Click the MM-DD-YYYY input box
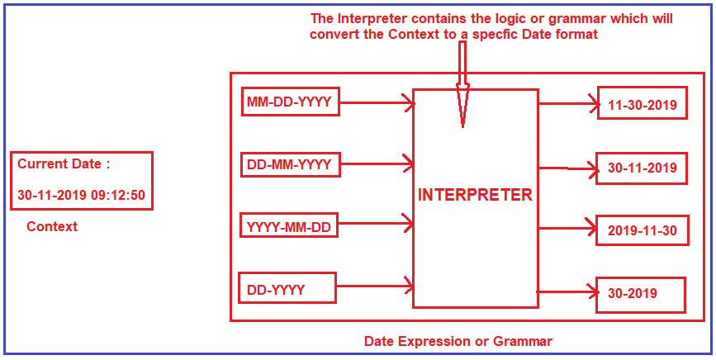289,102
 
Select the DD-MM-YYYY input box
289,164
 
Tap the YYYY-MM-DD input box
289,225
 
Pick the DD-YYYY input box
287,290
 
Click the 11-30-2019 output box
642,105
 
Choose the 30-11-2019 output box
642,168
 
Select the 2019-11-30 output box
642,230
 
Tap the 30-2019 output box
642,293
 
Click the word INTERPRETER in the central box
475,196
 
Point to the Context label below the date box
52,226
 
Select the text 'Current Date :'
64,163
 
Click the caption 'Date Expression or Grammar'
458,341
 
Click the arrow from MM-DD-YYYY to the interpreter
376,103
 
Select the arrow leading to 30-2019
567,291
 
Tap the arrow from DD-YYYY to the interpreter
374,287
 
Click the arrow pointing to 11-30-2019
567,104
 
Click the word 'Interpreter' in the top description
371,19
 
